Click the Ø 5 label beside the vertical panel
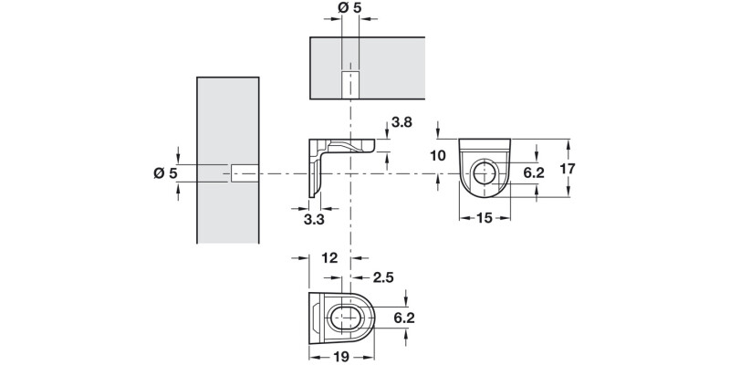pyautogui.click(x=164, y=173)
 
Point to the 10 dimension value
pyautogui.click(x=437, y=155)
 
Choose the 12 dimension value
pyautogui.click(x=330, y=259)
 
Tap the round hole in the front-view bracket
pyautogui.click(x=484, y=173)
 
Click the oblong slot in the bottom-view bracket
pyautogui.click(x=345, y=318)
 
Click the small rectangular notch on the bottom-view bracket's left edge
pyautogui.click(x=317, y=318)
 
